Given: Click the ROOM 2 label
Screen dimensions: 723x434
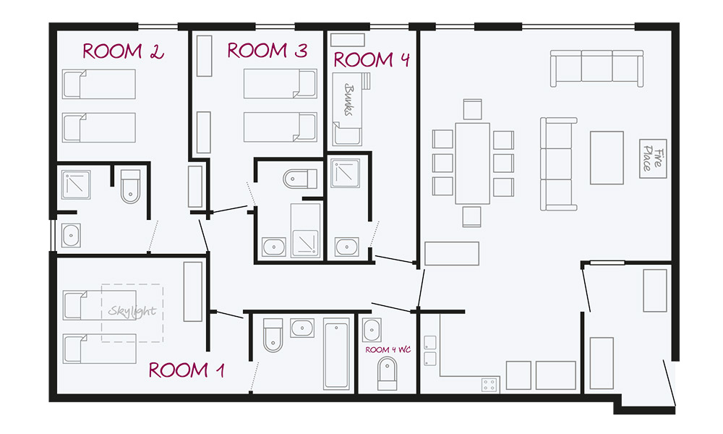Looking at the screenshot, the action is point(123,51).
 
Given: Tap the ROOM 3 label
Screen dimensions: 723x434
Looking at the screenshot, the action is point(268,51).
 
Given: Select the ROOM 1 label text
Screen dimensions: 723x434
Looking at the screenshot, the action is point(187,370).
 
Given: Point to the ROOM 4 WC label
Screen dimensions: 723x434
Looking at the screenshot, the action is point(388,349).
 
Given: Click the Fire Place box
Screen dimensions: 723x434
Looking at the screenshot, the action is point(653,158).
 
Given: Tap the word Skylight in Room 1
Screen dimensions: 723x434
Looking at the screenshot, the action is point(132,311).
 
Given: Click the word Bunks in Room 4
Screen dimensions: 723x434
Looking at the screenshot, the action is point(349,99).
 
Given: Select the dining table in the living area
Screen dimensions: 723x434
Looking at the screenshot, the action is point(472,163).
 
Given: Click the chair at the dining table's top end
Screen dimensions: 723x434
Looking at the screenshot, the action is point(472,109).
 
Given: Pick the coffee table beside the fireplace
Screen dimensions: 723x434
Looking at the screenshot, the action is point(607,158).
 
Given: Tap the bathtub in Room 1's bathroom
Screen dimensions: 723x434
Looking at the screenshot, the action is point(335,354).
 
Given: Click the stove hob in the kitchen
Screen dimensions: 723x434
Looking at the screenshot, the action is point(489,384).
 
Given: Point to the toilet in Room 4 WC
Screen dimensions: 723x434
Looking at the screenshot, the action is point(387,373).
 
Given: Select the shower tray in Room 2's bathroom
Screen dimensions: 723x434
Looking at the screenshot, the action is point(76,185).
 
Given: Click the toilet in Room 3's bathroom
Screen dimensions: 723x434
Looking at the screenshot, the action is point(300,179).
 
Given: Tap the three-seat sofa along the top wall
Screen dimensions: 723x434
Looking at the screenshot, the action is point(596,68).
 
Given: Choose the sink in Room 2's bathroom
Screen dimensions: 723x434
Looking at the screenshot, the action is point(71,236).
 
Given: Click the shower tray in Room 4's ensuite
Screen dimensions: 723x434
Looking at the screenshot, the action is point(346,174).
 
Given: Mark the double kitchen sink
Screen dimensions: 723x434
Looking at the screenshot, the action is point(429,351).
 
